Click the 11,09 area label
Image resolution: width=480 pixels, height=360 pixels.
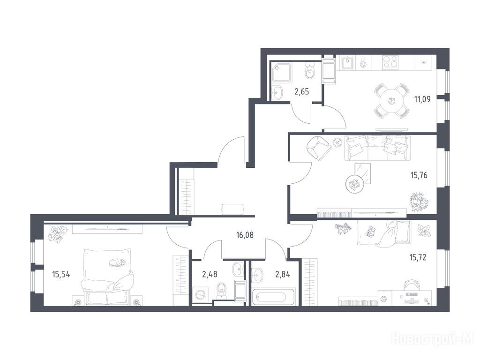[422, 99]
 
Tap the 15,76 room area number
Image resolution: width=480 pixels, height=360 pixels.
[419, 175]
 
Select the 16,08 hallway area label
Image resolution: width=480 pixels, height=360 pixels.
[245, 235]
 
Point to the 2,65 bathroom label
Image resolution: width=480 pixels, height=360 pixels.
[301, 91]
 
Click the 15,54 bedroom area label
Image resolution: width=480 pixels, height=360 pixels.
[61, 274]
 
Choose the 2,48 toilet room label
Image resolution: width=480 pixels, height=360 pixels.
[210, 274]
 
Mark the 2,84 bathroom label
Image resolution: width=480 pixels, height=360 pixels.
[283, 274]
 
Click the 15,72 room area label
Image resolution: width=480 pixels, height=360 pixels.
[418, 257]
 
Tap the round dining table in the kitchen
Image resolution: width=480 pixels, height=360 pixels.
[391, 101]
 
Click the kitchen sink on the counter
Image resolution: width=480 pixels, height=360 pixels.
[347, 63]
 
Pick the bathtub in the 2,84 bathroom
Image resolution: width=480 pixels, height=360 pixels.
[273, 296]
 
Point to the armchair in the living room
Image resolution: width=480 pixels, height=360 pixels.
[319, 148]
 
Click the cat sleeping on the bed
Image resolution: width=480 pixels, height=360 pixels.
[117, 262]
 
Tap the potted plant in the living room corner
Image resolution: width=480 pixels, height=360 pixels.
[420, 202]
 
